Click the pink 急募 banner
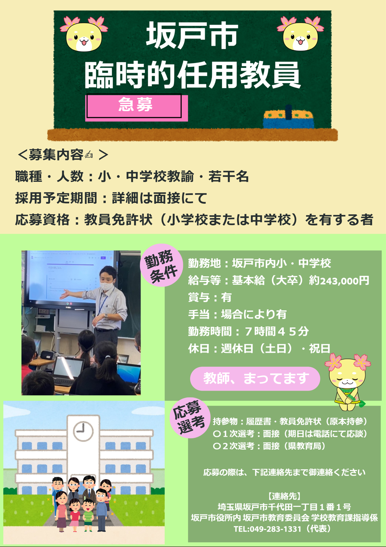(136, 107)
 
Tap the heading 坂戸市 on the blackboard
(192, 36)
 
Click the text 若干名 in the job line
(229, 176)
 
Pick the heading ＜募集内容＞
(63, 155)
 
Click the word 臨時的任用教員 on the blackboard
(192, 75)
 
